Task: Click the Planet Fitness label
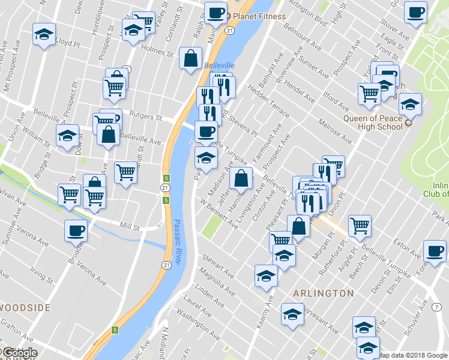click(259, 16)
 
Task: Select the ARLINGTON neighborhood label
click(323, 293)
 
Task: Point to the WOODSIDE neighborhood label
click(25, 308)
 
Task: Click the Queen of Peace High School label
click(373, 122)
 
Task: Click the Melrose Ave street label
click(335, 131)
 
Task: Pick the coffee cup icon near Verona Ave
click(76, 230)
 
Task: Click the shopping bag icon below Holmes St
click(190, 59)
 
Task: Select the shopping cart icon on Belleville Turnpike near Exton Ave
click(360, 226)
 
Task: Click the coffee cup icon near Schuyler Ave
click(435, 251)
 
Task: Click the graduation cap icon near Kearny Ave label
click(265, 275)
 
